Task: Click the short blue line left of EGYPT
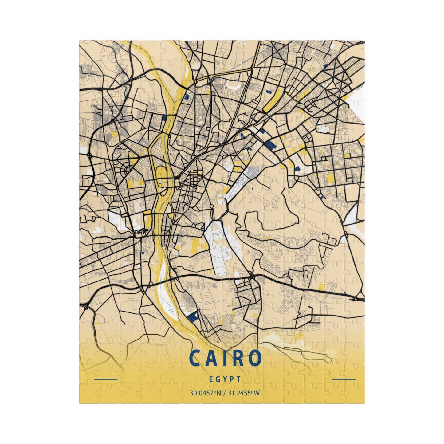[106, 379]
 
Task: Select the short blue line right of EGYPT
[344, 379]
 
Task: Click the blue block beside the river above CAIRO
[192, 316]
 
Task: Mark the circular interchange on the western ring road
[89, 155]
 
